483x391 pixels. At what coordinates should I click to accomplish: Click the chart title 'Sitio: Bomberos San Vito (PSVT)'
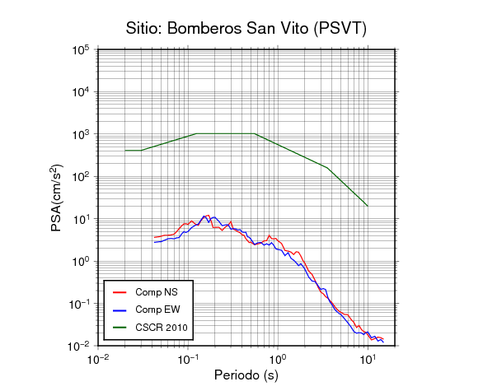click(x=246, y=29)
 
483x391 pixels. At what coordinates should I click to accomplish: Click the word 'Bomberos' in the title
click(x=204, y=28)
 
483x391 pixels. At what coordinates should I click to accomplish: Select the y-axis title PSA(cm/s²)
click(x=57, y=198)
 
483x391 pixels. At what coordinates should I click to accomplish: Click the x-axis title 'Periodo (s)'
click(x=246, y=375)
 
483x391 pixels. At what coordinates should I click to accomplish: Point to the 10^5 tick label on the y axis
click(x=81, y=49)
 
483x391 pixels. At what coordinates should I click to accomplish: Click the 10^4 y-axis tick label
click(x=81, y=91)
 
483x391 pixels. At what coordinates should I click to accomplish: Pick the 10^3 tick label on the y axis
click(x=81, y=134)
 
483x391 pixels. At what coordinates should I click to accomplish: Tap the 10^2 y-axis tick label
click(x=81, y=177)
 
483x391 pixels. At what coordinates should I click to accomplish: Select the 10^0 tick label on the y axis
click(x=81, y=261)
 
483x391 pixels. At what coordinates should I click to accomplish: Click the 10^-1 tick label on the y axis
click(x=79, y=304)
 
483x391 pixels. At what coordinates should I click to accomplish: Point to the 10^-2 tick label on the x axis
click(x=98, y=359)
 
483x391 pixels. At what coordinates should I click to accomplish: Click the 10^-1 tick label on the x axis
click(x=188, y=359)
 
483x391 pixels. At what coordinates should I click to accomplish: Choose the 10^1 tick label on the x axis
click(x=368, y=359)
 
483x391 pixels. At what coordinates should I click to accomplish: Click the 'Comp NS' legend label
click(x=157, y=292)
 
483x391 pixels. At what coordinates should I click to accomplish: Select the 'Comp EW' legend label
click(x=157, y=310)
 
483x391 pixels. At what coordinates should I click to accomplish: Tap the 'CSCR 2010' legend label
click(x=162, y=328)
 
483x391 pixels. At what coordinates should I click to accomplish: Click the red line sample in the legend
click(x=120, y=292)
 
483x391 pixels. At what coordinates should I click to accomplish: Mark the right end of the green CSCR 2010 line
click(x=368, y=206)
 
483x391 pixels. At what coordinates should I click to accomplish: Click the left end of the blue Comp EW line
click(x=155, y=242)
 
